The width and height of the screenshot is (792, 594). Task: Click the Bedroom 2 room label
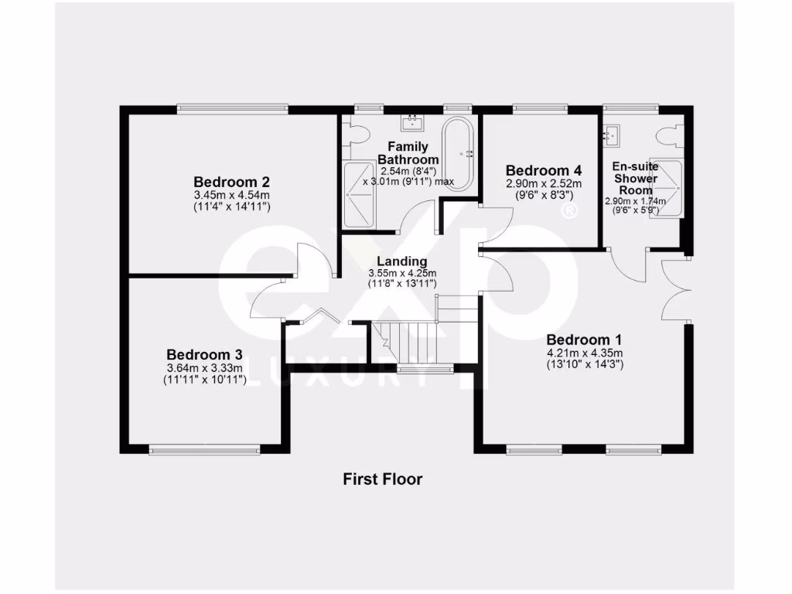(231, 183)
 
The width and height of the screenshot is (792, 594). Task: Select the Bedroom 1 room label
(584, 340)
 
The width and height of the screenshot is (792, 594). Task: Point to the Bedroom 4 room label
(543, 170)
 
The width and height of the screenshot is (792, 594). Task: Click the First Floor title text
(383, 480)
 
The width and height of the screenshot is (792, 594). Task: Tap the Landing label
(402, 261)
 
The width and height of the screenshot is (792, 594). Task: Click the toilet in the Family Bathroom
(357, 137)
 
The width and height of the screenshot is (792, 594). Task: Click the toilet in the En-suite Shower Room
(666, 136)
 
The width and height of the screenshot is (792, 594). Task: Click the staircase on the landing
(410, 340)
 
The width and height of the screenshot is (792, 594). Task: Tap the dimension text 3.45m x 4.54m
(231, 196)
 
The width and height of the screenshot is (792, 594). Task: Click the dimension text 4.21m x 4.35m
(584, 353)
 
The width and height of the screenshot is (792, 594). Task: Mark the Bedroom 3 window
(205, 448)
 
